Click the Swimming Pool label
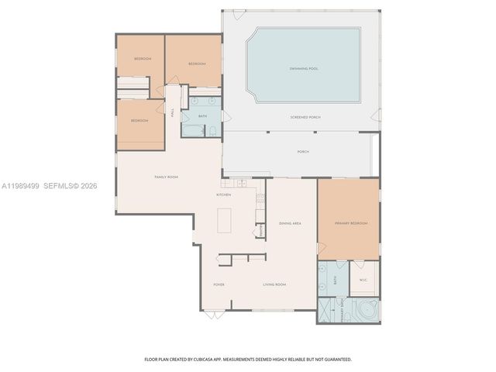pyautogui.click(x=303, y=69)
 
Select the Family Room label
pyautogui.click(x=166, y=177)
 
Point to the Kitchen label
pyautogui.click(x=223, y=195)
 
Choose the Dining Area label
pyautogui.click(x=290, y=222)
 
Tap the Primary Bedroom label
pyautogui.click(x=351, y=223)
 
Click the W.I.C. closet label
pyautogui.click(x=363, y=281)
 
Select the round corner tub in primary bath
pyautogui.click(x=361, y=311)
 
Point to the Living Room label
pyautogui.click(x=274, y=284)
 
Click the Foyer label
pyautogui.click(x=219, y=284)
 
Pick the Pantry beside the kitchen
pyautogui.click(x=261, y=230)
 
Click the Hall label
pyautogui.click(x=172, y=112)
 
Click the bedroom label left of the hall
pyautogui.click(x=139, y=121)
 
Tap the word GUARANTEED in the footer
pyautogui.click(x=334, y=360)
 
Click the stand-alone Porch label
pyautogui.click(x=303, y=152)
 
